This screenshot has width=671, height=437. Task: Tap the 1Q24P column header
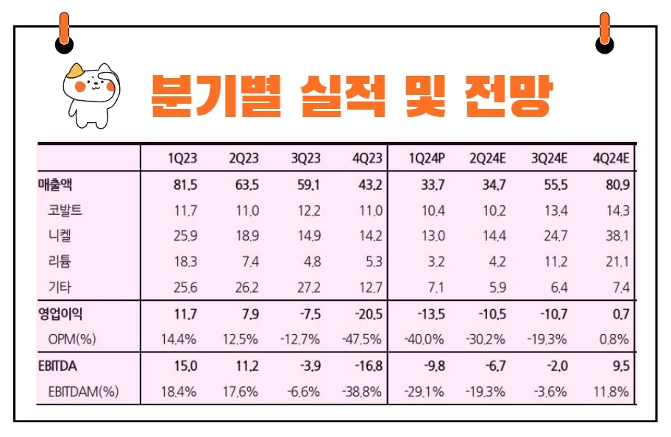pos(426,158)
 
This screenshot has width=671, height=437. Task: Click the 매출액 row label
pos(60,185)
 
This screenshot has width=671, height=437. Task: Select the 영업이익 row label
pos(60,314)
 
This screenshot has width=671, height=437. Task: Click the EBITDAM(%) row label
pos(84,392)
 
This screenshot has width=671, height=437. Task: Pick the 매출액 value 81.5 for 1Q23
pos(183,185)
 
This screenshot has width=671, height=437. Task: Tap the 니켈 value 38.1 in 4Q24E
pos(615,237)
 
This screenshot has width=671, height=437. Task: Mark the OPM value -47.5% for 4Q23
pos(362,339)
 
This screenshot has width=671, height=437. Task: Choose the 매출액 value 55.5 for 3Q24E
pos(553,185)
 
